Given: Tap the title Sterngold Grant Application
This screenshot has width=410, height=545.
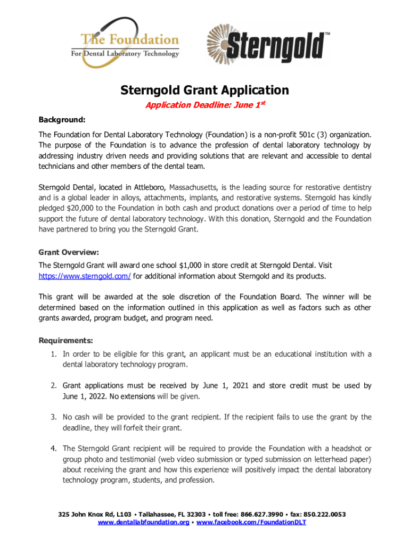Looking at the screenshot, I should pos(204,90).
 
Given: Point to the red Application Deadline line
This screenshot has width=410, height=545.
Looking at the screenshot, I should pos(205,105).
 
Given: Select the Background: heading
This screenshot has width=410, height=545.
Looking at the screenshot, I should pos(62,119).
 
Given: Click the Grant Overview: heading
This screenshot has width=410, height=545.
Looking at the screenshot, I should pos(69,252).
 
